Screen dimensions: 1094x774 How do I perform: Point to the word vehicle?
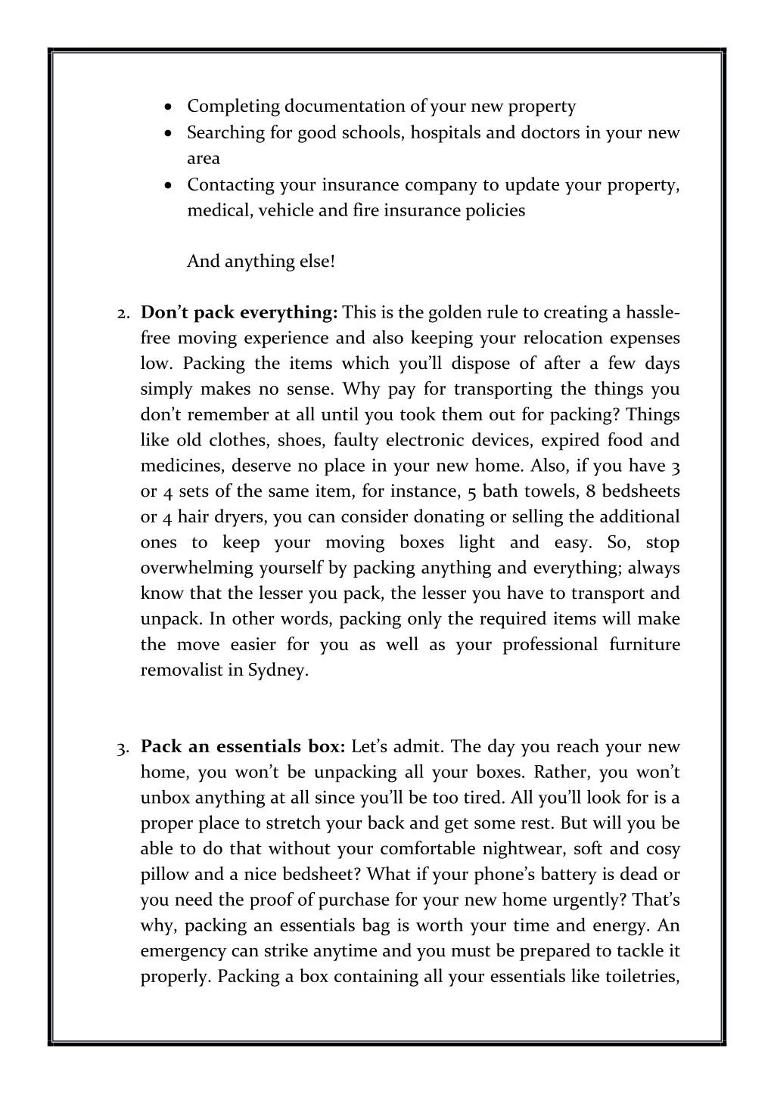click(x=285, y=210)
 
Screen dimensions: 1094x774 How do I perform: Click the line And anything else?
click(x=260, y=262)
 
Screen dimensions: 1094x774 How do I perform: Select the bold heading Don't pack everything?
click(x=239, y=313)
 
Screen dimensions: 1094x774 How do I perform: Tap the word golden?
click(x=455, y=313)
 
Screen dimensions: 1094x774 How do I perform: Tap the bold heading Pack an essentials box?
click(x=243, y=747)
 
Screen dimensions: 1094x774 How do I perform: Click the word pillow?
click(x=164, y=875)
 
